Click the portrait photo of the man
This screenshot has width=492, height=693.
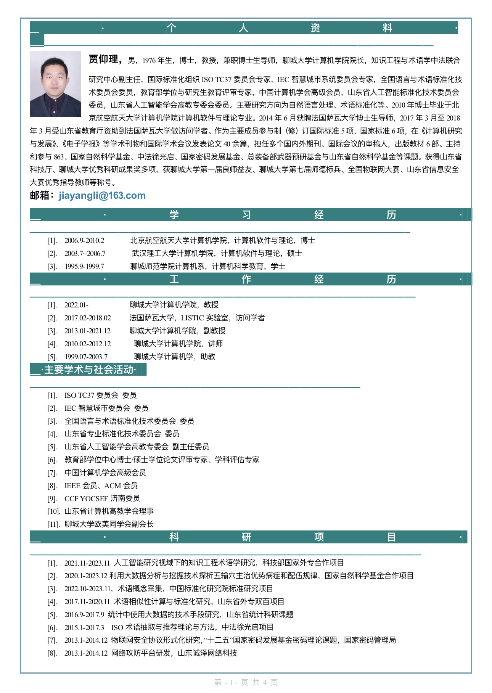(55, 84)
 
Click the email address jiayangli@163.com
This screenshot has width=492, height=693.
(102, 196)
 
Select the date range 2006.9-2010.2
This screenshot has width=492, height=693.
(84, 241)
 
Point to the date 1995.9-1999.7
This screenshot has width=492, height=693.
(84, 267)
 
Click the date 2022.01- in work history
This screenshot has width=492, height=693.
(76, 305)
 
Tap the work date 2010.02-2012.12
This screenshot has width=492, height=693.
(88, 344)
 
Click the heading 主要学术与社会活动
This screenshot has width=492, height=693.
(89, 370)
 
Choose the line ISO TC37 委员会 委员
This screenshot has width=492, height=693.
(100, 396)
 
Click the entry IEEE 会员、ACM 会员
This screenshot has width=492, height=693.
(101, 486)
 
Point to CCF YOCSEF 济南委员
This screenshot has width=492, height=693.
(102, 498)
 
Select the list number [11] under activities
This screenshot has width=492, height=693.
(53, 524)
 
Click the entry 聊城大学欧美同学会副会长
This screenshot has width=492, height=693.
(109, 524)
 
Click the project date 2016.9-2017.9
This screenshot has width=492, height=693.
(84, 615)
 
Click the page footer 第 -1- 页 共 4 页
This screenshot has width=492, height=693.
(246, 682)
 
